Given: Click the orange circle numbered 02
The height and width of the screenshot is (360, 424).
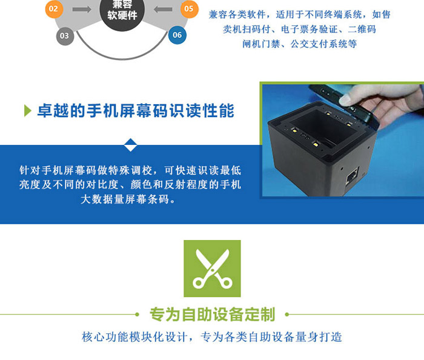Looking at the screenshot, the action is [x=54, y=9].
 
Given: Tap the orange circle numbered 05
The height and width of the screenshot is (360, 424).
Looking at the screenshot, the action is [x=189, y=9].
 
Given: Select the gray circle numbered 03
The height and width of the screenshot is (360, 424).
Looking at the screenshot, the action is [x=65, y=36].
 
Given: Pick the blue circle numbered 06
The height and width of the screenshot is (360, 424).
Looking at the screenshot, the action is [x=177, y=35].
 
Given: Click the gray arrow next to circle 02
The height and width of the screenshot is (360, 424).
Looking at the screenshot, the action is [x=82, y=10].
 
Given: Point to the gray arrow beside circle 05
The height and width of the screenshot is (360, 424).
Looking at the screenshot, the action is [x=163, y=10].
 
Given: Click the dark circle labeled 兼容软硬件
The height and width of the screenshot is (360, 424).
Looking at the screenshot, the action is [x=122, y=11].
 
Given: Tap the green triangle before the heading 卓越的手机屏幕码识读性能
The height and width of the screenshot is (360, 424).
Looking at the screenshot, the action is [x=28, y=111].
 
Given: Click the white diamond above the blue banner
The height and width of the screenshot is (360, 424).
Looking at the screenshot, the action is [x=131, y=145].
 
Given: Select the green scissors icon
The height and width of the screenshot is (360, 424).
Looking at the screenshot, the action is [x=212, y=268].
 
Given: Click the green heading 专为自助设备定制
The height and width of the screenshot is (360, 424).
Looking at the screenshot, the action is [x=213, y=315].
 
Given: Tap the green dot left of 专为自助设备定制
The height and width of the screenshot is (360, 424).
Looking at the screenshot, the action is [x=137, y=315].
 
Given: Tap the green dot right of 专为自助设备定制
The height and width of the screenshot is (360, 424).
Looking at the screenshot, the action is [x=287, y=315].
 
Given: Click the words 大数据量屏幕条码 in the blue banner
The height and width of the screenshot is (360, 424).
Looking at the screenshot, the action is [x=125, y=199].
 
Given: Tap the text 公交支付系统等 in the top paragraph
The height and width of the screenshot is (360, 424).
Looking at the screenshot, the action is [x=323, y=44].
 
